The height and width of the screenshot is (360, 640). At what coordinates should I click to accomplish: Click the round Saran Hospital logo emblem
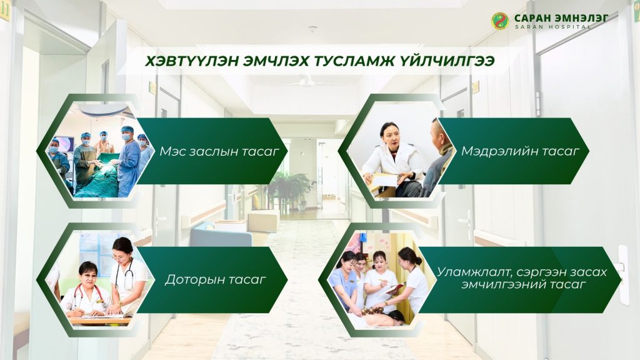click(500, 21)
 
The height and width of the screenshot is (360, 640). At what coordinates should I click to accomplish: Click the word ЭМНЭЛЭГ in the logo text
click(581, 18)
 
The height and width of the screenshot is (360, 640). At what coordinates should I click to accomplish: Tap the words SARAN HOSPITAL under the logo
click(552, 27)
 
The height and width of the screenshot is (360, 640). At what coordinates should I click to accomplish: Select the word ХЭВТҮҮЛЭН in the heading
click(191, 61)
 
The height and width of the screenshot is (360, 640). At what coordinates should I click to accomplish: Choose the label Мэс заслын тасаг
click(219, 151)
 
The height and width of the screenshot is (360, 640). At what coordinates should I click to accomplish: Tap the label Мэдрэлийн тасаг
click(520, 151)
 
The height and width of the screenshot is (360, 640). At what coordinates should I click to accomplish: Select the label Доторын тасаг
click(215, 279)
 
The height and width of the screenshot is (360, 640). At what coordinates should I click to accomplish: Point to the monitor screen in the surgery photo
click(65, 144)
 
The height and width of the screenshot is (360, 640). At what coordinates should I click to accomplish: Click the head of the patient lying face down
click(395, 317)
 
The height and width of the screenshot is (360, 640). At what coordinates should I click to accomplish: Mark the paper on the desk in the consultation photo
click(384, 180)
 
